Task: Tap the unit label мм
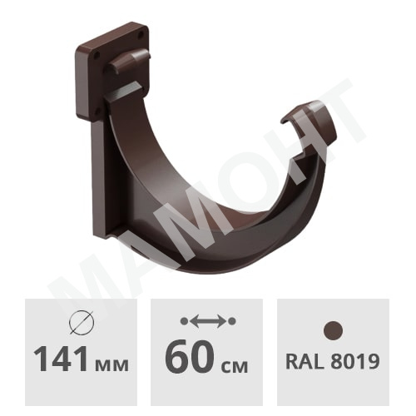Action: click(111, 365)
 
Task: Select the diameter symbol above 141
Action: click(82, 323)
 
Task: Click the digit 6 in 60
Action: click(176, 356)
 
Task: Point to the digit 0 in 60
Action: click(202, 356)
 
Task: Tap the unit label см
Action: click(234, 365)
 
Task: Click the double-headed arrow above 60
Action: click(208, 321)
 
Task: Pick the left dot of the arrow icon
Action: click(184, 321)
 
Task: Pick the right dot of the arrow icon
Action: click(232, 321)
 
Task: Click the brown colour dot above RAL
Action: click(333, 331)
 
